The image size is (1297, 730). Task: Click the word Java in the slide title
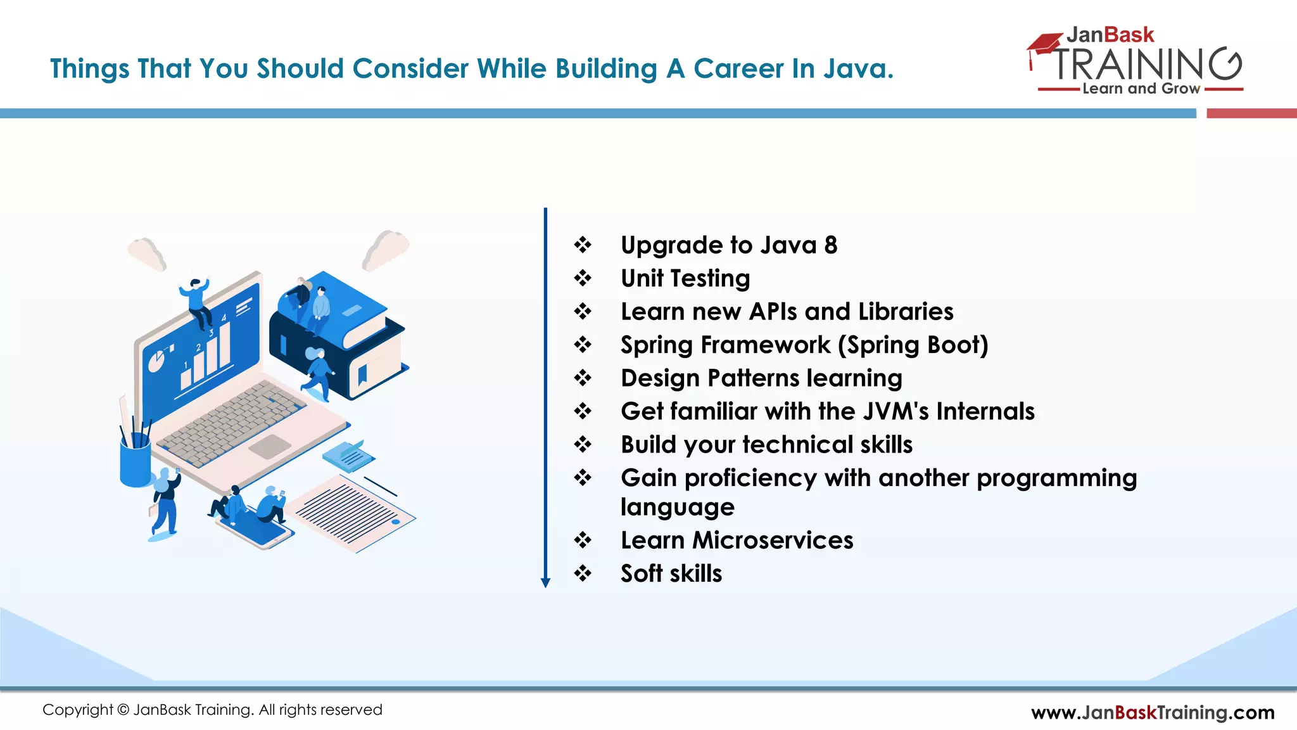(857, 68)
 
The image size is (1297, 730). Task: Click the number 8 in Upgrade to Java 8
(830, 245)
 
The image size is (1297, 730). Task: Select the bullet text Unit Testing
(685, 278)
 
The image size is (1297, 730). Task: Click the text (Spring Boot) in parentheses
(913, 345)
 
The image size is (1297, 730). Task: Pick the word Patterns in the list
(754, 378)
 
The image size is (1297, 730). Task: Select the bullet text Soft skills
(671, 573)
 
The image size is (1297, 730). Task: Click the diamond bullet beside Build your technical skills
(583, 444)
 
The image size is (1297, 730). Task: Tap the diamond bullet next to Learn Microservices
(583, 541)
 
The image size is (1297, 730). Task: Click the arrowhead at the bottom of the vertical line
(545, 583)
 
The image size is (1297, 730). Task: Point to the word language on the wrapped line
(677, 507)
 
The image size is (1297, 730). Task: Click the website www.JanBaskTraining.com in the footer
(1153, 712)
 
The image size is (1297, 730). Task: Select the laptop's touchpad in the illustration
(270, 446)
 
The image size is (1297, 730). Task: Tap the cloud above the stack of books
(386, 248)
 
